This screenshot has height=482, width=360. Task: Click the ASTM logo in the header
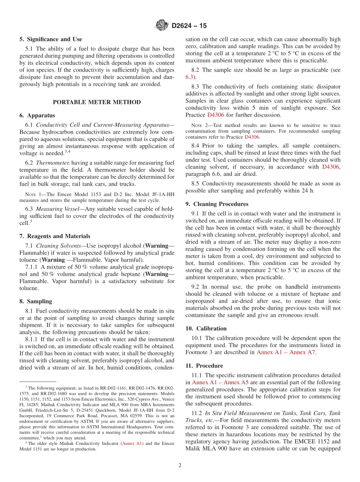pyautogui.click(x=162, y=26)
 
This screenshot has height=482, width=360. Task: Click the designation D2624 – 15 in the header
pyautogui.click(x=189, y=26)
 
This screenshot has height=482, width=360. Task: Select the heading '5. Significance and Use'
pyautogui.click(x=51, y=39)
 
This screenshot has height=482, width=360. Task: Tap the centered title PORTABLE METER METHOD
pyautogui.click(x=97, y=102)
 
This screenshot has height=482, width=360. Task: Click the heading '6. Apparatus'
pyautogui.click(x=37, y=116)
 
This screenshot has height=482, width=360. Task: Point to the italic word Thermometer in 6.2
pyautogui.click(x=53, y=163)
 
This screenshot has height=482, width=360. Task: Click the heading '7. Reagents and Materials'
pyautogui.click(x=55, y=236)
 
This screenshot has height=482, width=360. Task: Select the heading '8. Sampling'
pyautogui.click(x=36, y=302)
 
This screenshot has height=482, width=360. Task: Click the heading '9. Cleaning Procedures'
pyautogui.click(x=217, y=204)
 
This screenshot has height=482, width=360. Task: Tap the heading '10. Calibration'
pyautogui.click(x=206, y=329)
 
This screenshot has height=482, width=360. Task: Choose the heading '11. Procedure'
pyautogui.click(x=204, y=366)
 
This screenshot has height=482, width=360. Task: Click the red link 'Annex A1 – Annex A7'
pyautogui.click(x=286, y=352)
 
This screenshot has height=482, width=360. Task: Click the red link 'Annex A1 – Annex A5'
pyautogui.click(x=221, y=383)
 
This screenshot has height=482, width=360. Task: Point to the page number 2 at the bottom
pyautogui.click(x=180, y=465)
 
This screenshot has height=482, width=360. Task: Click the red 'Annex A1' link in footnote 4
pyautogui.click(x=131, y=443)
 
